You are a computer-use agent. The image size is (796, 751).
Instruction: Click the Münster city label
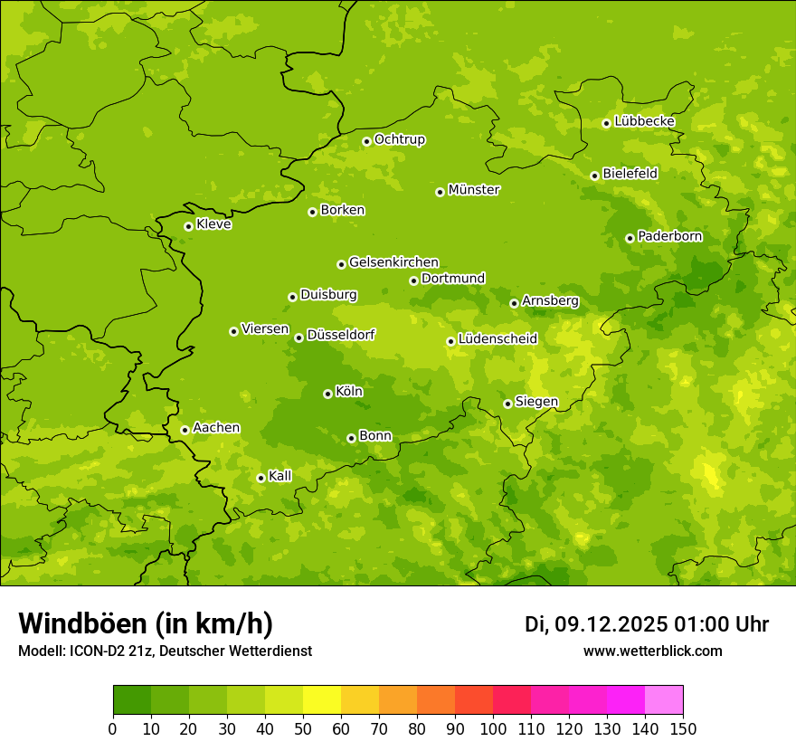(x=474, y=190)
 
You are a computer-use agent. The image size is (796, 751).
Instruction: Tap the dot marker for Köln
(x=328, y=394)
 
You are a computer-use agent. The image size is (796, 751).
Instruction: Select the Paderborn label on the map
(x=669, y=236)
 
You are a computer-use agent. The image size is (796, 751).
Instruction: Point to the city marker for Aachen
(x=185, y=430)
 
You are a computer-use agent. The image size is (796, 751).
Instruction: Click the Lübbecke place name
(x=644, y=121)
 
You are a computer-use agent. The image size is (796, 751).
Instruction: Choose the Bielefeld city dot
(x=595, y=176)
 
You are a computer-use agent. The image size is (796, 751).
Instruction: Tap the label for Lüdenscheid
(x=497, y=339)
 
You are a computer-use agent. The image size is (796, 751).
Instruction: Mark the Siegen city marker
(x=508, y=404)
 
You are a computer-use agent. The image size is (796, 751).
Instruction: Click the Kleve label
(x=213, y=224)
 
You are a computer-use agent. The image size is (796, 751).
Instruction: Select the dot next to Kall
(x=261, y=478)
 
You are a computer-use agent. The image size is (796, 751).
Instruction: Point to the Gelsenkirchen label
(x=393, y=262)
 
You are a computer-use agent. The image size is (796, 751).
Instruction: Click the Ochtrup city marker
(x=367, y=141)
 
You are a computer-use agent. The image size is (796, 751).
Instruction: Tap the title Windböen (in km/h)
(x=146, y=623)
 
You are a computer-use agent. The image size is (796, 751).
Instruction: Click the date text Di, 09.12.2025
(x=596, y=624)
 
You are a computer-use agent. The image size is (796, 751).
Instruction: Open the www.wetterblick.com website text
(x=652, y=651)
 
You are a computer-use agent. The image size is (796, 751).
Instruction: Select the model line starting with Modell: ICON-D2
(x=165, y=651)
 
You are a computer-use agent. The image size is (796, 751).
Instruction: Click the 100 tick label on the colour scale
(x=493, y=728)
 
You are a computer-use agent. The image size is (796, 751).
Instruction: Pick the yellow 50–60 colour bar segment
(x=322, y=700)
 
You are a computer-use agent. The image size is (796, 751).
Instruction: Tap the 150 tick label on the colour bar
(x=683, y=728)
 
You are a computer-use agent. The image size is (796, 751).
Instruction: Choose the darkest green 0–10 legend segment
(x=132, y=700)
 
